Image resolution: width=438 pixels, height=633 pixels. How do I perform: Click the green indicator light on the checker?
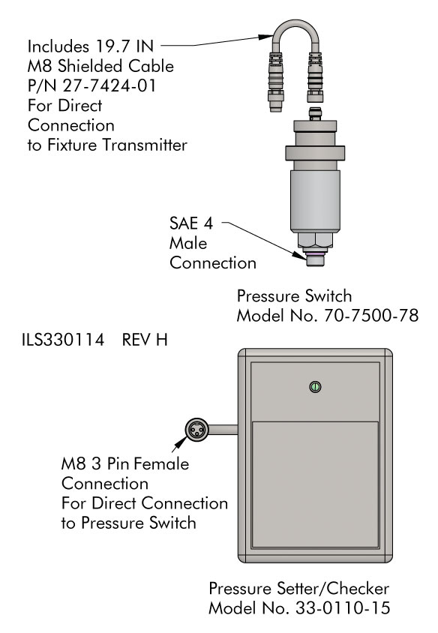(x=315, y=387)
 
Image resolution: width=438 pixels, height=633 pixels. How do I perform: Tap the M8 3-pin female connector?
(x=197, y=430)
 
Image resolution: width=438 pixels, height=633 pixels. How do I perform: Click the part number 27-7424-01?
(x=109, y=85)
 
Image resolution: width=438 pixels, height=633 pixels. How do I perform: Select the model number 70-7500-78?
(x=371, y=316)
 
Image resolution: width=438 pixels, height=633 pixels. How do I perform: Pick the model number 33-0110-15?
(x=343, y=607)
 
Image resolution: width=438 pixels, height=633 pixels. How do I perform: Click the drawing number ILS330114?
(x=63, y=340)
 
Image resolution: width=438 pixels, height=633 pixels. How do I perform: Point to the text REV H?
(x=145, y=340)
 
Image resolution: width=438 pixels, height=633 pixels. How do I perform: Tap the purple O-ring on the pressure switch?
(x=315, y=254)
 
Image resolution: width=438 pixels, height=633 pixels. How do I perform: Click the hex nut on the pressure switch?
(x=315, y=240)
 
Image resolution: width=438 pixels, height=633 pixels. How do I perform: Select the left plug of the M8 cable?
(x=277, y=82)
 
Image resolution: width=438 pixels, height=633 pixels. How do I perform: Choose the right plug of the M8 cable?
(x=315, y=77)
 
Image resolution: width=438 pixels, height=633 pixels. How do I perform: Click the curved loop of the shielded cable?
(x=296, y=28)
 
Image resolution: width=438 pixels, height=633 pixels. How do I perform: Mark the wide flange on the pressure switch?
(x=315, y=154)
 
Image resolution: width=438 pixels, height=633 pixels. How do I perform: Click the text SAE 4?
(x=191, y=223)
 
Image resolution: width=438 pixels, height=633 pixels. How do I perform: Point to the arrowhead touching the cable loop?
(x=265, y=37)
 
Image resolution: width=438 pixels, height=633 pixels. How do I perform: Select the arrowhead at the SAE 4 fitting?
(x=299, y=255)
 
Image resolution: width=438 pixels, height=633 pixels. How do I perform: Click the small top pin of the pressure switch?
(x=315, y=113)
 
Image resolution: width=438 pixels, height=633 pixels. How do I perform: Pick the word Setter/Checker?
(x=333, y=588)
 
